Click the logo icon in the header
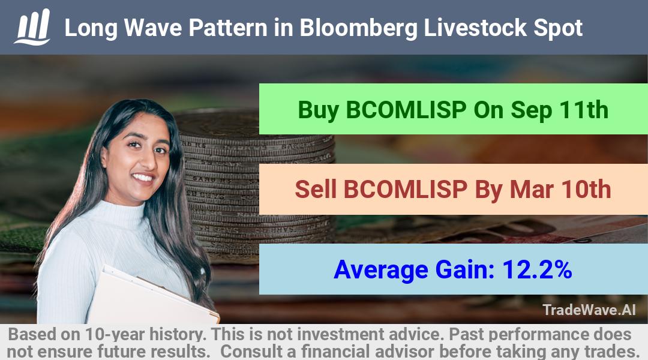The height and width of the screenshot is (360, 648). tap(32, 27)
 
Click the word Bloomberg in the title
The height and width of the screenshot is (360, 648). tap(358, 29)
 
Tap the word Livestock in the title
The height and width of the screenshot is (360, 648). tap(475, 28)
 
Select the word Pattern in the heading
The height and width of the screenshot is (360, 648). tap(228, 28)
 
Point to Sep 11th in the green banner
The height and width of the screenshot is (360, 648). tap(559, 110)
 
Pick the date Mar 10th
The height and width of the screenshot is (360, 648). tap(560, 189)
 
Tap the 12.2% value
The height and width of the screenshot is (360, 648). tap(537, 269)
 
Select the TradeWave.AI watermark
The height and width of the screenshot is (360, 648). tap(589, 310)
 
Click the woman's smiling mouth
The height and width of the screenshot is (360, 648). tap(143, 178)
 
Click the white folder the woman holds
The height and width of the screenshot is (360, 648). tap(153, 296)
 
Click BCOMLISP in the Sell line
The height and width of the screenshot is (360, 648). tap(405, 189)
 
